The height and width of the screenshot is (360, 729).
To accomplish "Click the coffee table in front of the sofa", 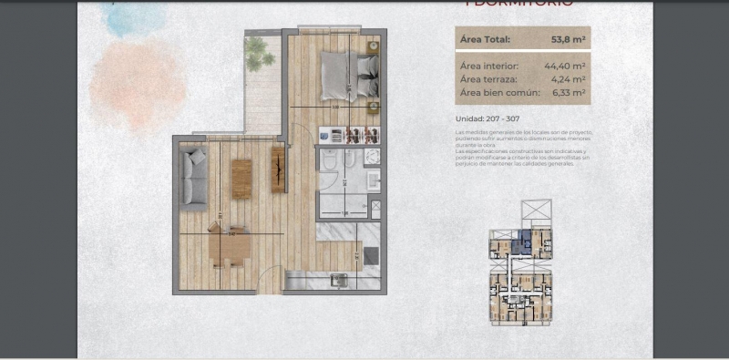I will [x=241, y=179].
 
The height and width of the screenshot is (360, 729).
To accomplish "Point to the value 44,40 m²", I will [x=565, y=66].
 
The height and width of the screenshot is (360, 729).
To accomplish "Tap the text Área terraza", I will [x=488, y=79].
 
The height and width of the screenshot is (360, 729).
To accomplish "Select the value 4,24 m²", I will [x=569, y=79].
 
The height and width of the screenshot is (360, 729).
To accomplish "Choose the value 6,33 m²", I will [x=569, y=92].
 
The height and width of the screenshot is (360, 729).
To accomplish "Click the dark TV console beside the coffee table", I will [x=278, y=170].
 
